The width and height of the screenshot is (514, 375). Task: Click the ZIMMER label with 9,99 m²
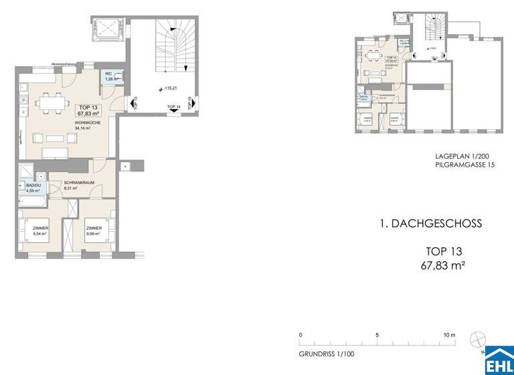(93, 231)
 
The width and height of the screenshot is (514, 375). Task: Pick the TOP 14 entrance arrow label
(173, 107)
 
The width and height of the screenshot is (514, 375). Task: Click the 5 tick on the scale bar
(377, 335)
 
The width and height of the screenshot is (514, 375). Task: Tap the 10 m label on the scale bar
(449, 335)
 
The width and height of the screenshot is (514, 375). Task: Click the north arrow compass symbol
(477, 339)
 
